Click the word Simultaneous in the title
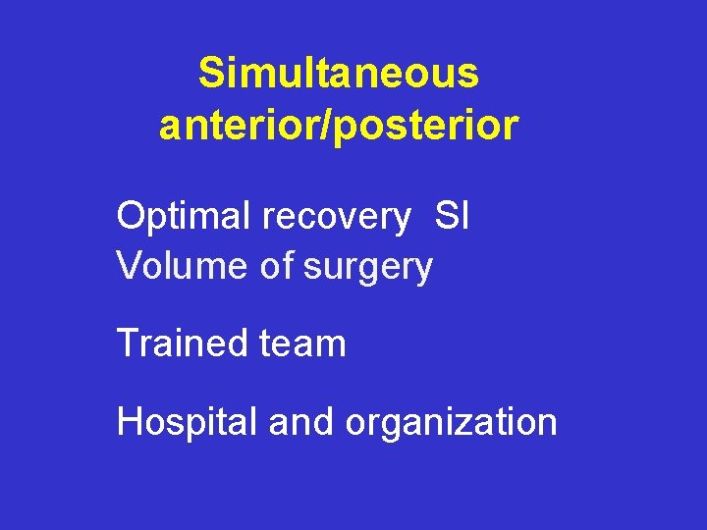tap(339, 73)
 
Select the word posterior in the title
tap(426, 126)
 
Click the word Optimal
tap(184, 216)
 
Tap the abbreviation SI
tap(452, 216)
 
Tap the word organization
tap(451, 423)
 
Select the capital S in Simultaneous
tap(210, 73)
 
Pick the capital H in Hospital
tap(130, 422)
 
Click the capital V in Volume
tap(129, 265)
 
